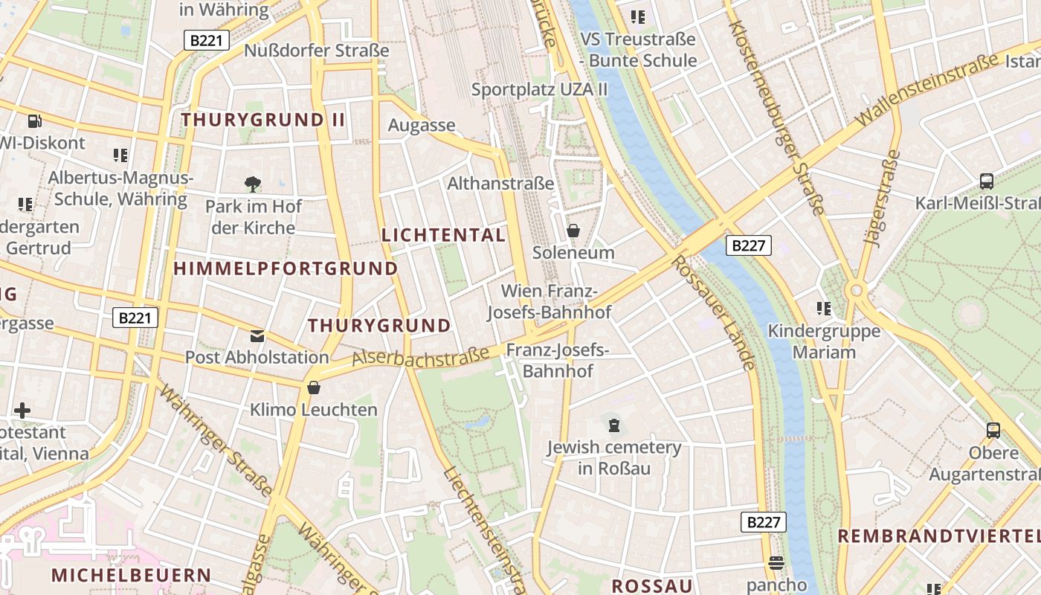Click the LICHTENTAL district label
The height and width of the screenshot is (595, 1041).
[x=443, y=235]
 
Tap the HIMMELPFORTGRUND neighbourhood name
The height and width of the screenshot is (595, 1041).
[x=286, y=268]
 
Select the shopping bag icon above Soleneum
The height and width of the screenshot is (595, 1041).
[x=573, y=231]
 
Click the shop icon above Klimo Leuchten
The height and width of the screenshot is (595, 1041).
[x=314, y=387]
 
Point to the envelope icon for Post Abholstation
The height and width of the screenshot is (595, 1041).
[x=257, y=336]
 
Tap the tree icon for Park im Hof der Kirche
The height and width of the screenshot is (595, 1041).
[x=252, y=184]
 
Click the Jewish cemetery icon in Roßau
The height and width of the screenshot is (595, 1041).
[x=614, y=425]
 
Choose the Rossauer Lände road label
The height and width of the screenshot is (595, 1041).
[x=713, y=312]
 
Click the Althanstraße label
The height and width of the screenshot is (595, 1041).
[x=500, y=183]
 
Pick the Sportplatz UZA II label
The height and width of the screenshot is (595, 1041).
[x=540, y=90]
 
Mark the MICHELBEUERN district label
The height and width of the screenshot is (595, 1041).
[x=132, y=575]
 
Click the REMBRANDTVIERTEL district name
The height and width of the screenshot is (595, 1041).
[x=938, y=536]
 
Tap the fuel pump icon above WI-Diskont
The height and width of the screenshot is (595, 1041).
[x=34, y=121]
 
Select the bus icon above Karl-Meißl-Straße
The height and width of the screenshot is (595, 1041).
[x=987, y=181]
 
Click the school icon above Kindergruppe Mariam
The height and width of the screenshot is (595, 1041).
[x=823, y=309]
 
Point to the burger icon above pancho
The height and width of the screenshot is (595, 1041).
[x=776, y=563]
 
